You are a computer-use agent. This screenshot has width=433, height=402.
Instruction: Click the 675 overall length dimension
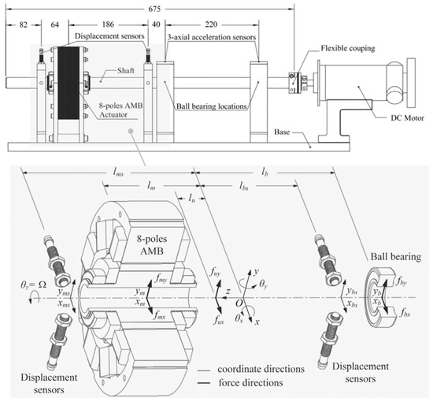[154, 9]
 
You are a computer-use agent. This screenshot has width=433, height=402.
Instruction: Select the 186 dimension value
[108, 24]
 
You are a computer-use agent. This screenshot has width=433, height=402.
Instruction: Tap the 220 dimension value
[211, 24]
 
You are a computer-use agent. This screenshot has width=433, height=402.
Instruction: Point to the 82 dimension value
[24, 24]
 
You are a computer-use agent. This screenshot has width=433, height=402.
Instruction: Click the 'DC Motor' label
[407, 118]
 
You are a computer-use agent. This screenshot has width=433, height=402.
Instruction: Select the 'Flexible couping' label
[348, 48]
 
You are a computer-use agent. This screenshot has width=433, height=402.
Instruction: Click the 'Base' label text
[282, 132]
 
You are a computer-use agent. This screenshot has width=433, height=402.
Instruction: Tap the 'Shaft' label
[126, 71]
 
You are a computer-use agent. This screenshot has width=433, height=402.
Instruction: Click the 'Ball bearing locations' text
[211, 106]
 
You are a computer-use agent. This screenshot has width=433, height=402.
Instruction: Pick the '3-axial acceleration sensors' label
[212, 37]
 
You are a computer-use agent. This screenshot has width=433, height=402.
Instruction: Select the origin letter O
[239, 303]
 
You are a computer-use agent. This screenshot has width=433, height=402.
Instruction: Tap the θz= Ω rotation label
[33, 285]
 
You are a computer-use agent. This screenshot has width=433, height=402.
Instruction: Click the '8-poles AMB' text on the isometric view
[152, 244]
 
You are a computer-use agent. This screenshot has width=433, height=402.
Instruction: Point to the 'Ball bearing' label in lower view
[396, 257]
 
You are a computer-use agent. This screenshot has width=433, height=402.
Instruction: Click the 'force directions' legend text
[250, 383]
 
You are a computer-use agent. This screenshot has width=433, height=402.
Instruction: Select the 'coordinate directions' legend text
[261, 369]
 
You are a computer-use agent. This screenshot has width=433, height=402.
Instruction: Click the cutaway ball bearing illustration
[382, 298]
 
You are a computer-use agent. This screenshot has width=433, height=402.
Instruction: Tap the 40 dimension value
[156, 24]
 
